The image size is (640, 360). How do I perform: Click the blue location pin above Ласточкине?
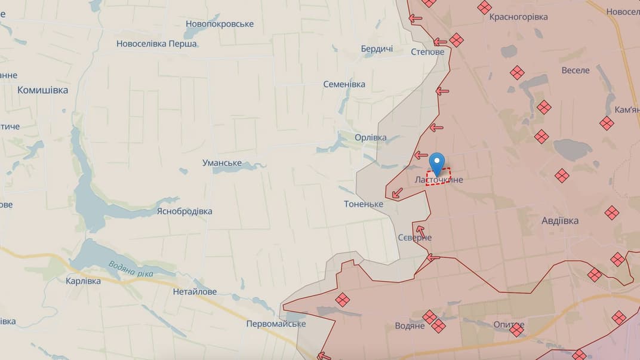[438, 162]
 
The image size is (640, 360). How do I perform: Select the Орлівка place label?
[370, 137]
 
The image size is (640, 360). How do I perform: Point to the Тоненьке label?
[363, 204]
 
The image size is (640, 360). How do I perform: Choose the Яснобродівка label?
[184, 211]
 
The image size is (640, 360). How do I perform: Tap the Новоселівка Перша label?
[156, 44]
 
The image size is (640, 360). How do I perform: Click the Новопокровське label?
[220, 24]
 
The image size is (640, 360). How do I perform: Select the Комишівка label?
[42, 90]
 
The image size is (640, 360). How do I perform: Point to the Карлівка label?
[83, 281]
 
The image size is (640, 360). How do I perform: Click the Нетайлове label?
[195, 292]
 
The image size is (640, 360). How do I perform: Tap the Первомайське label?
[276, 324]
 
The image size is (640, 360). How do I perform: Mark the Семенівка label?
[344, 84]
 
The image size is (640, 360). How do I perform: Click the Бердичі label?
[377, 49]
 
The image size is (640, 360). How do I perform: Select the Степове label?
[427, 52]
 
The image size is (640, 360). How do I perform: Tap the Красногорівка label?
[518, 17]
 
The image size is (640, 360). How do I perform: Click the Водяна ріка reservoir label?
[131, 270]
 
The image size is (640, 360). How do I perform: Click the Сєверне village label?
[415, 238]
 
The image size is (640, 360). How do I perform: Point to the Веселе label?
[576, 70]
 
